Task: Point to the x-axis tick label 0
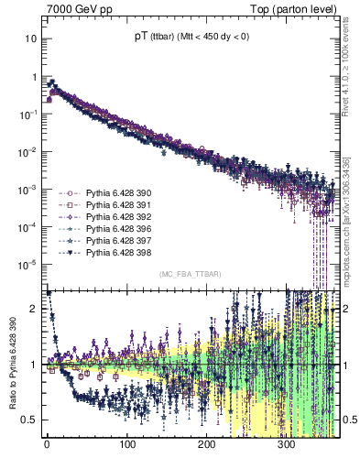click(47, 445)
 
